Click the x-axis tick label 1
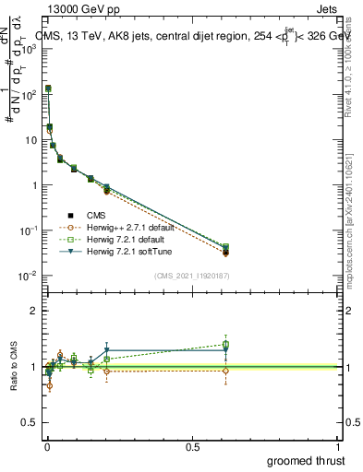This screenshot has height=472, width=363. point(338,447)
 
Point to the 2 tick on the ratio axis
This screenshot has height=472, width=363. point(34,311)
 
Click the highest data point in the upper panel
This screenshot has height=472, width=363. point(48,88)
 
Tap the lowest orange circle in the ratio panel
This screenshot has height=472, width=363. point(49,385)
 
